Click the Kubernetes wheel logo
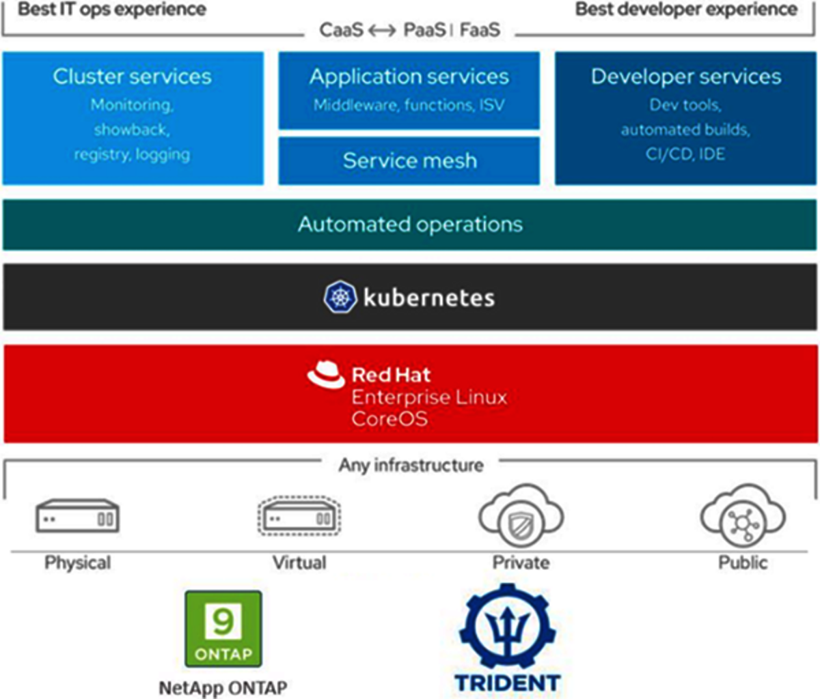pyautogui.click(x=340, y=298)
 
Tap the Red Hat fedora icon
pyautogui.click(x=325, y=375)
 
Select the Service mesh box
pyautogui.click(x=409, y=161)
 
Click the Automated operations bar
pyautogui.click(x=410, y=225)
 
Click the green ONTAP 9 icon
pyautogui.click(x=223, y=629)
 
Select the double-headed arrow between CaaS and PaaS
pyautogui.click(x=383, y=31)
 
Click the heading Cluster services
pyautogui.click(x=133, y=76)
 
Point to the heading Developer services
pyautogui.click(x=686, y=76)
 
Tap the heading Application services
pyautogui.click(x=409, y=76)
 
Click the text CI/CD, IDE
pyautogui.click(x=685, y=154)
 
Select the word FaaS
pyautogui.click(x=480, y=30)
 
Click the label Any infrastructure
pyautogui.click(x=411, y=466)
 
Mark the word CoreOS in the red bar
pyautogui.click(x=389, y=418)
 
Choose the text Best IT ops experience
pyautogui.click(x=112, y=10)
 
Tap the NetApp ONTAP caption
pyautogui.click(x=223, y=687)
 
